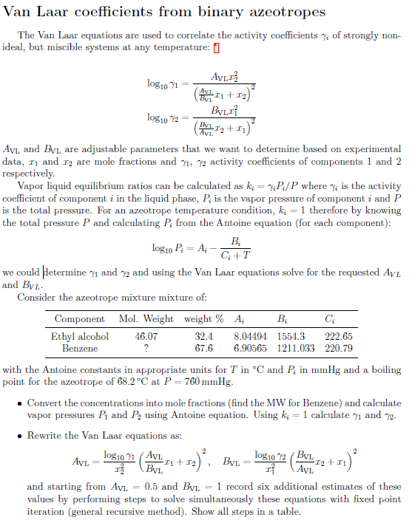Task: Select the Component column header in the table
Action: [80, 319]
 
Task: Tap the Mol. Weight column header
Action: [146, 319]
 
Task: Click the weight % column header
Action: [203, 319]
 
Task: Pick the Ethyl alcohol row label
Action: [80, 336]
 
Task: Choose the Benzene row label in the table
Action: [80, 347]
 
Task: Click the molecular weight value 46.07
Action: [146, 336]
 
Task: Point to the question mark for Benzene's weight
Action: [146, 347]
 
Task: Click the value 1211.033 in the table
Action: [294, 347]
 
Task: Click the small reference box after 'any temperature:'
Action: [216, 48]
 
